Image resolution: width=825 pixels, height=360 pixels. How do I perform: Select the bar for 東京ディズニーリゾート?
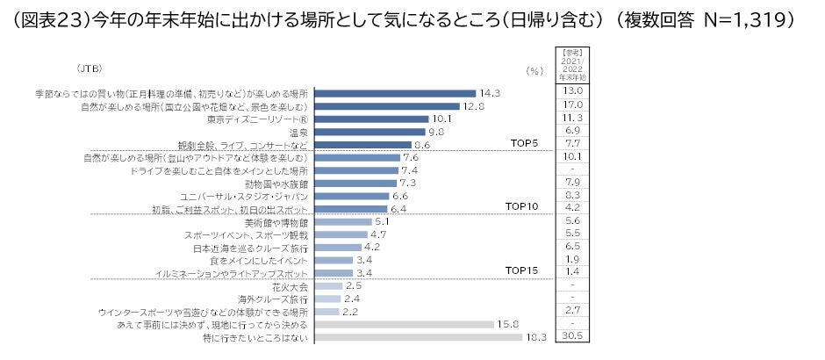click(371, 119)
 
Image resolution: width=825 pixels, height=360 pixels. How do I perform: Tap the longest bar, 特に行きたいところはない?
click(418, 337)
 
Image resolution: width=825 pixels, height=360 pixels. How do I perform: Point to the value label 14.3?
click(490, 93)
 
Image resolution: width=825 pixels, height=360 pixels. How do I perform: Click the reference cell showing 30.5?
click(572, 336)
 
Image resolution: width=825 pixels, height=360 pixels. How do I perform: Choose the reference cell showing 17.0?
click(572, 104)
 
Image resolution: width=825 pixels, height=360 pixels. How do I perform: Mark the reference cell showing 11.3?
click(572, 118)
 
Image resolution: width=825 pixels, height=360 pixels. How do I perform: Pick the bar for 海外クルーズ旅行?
click(327, 299)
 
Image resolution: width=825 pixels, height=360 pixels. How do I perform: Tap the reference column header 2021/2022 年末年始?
click(572, 66)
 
